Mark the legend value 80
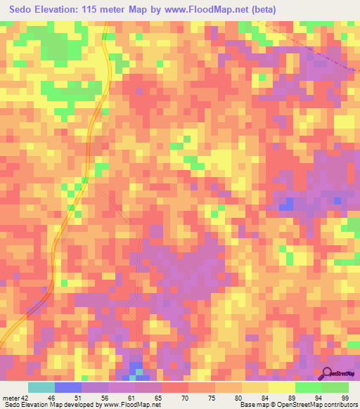(x=240, y=397)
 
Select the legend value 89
(x=292, y=397)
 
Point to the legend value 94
(x=319, y=397)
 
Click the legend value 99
(x=346, y=397)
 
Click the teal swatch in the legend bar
(x=41, y=387)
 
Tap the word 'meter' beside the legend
(x=10, y=397)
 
